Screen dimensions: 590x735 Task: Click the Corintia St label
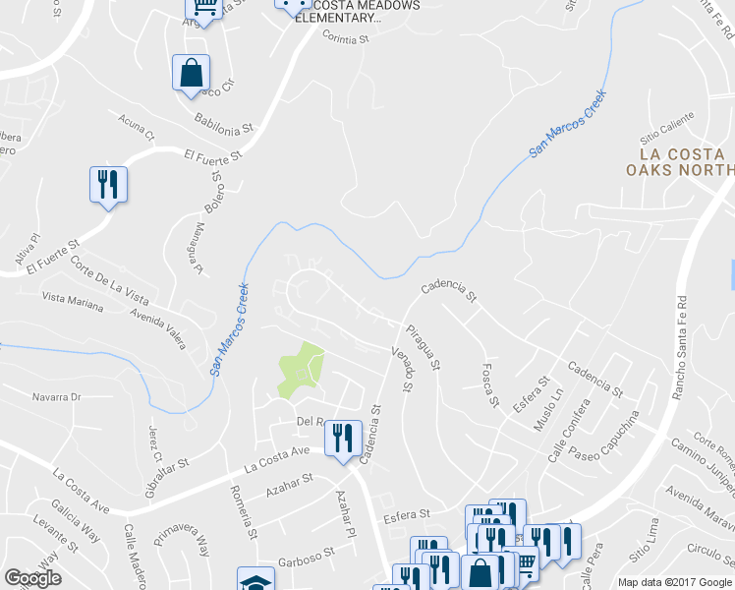[x=344, y=38]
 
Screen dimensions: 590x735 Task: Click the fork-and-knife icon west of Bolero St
[x=109, y=184]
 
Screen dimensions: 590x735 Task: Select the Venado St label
[x=401, y=369]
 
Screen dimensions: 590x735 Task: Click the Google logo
[x=32, y=578]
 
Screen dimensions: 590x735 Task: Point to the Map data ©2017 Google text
[x=674, y=582]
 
